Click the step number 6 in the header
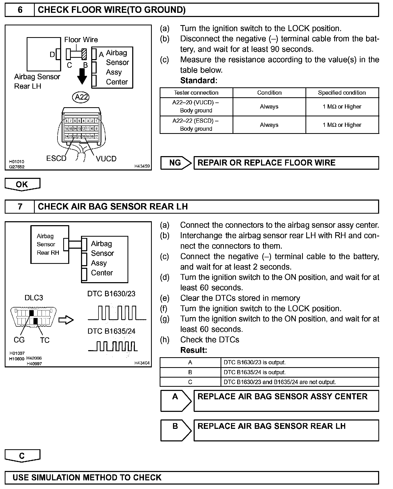click(20, 10)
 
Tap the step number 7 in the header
click(20, 207)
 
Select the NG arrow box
click(176, 163)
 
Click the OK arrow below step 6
click(22, 184)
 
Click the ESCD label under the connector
click(56, 158)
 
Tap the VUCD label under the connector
click(106, 159)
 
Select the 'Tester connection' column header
click(196, 93)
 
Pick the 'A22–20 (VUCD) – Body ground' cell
click(196, 106)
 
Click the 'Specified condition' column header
click(342, 93)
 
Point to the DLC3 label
click(34, 298)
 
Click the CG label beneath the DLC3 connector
click(19, 340)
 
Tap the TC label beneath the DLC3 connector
click(45, 340)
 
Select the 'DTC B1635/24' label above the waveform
click(111, 331)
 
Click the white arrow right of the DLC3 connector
click(66, 320)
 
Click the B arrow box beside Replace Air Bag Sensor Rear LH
click(176, 430)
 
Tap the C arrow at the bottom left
click(22, 456)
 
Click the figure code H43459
click(142, 166)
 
